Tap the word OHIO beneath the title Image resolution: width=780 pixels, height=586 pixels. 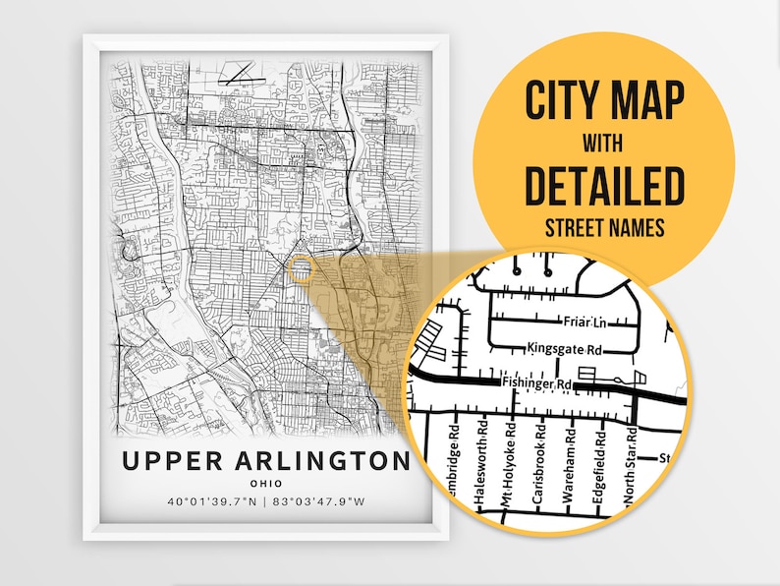point(264,483)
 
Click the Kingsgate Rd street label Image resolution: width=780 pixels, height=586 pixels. point(564,348)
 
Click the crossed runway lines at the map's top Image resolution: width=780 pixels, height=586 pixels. point(240,71)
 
